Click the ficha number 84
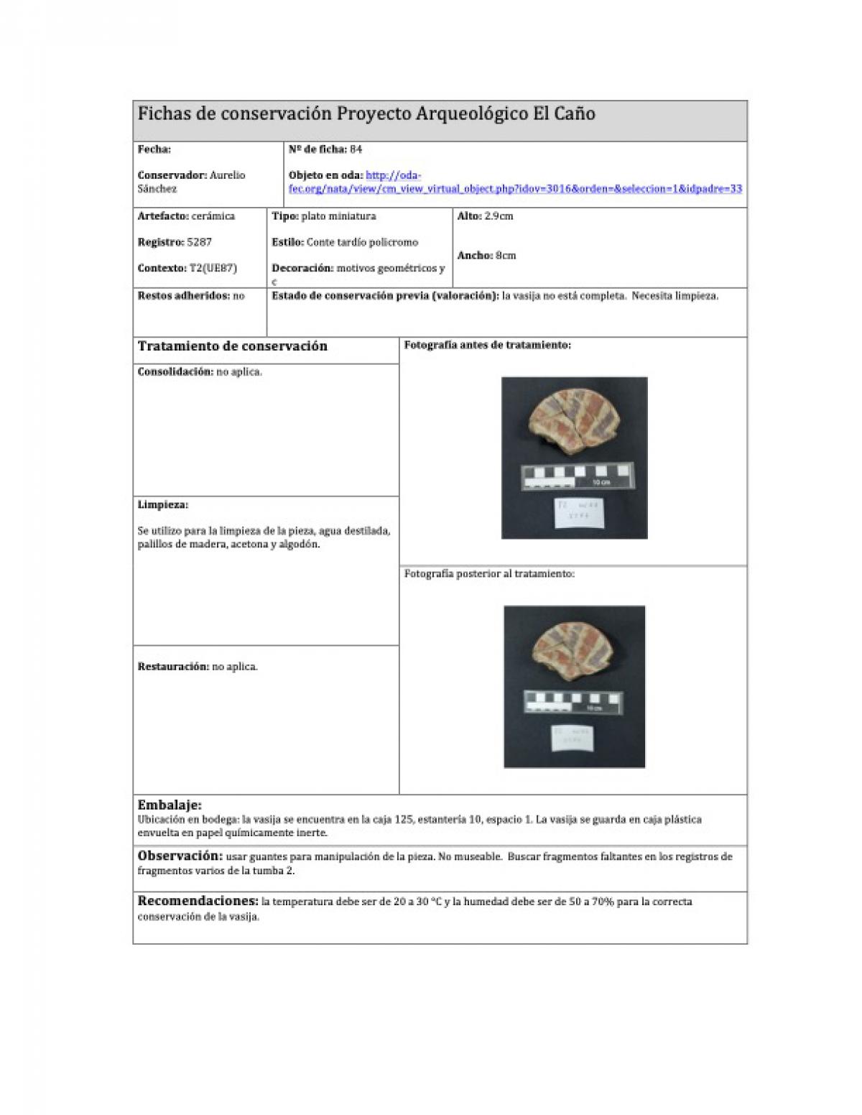(356, 149)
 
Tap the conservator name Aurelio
(227, 175)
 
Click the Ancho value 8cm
(505, 255)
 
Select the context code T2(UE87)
(213, 268)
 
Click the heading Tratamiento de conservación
(232, 346)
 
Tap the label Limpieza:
(162, 504)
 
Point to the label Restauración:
(172, 667)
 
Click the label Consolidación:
(175, 372)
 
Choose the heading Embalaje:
(170, 805)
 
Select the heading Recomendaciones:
(198, 901)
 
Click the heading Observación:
(180, 856)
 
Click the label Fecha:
(154, 149)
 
